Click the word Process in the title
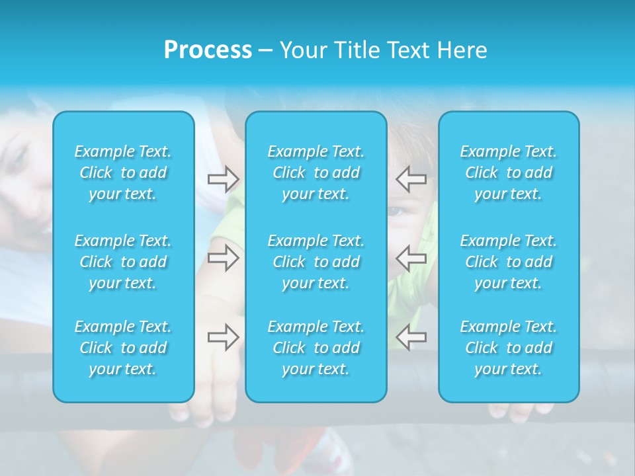click(208, 50)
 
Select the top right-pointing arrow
click(223, 178)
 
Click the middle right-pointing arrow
click(223, 258)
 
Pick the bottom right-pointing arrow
click(223, 337)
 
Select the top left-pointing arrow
click(411, 178)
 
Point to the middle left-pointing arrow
click(411, 258)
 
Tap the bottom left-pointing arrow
click(411, 337)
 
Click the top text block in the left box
click(123, 173)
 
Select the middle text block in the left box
click(123, 262)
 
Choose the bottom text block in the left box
click(123, 348)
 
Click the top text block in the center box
click(316, 173)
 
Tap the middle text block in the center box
click(316, 262)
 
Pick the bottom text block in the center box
click(316, 348)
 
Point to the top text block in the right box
click(509, 173)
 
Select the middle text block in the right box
click(509, 262)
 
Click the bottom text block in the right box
click(509, 348)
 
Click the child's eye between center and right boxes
click(395, 212)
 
